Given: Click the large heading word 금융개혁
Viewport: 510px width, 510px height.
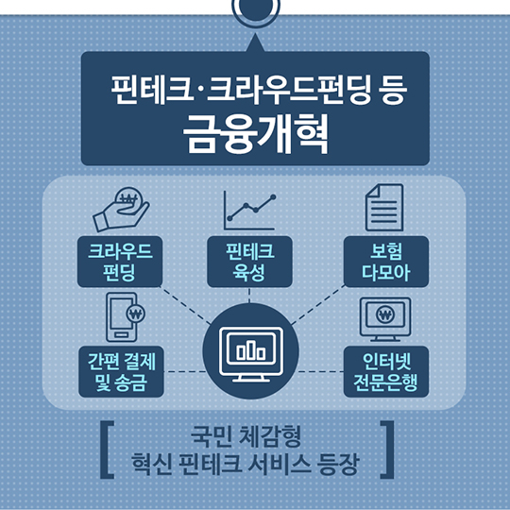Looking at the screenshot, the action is (x=256, y=134).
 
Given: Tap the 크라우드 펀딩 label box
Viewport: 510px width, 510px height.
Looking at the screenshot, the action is (x=120, y=262).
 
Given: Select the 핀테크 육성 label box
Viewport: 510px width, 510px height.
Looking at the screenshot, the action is (x=249, y=262).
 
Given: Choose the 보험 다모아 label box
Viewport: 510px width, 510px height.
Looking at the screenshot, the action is (x=386, y=262).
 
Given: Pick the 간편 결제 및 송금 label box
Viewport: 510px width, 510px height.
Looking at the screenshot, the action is (x=121, y=371).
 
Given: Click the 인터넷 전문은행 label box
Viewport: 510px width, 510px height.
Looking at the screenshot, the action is (x=386, y=371).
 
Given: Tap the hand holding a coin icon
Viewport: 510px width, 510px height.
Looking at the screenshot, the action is (x=121, y=210).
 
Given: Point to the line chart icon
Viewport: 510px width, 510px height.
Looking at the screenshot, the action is (x=249, y=211).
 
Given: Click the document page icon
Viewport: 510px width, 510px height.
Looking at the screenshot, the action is (x=384, y=208).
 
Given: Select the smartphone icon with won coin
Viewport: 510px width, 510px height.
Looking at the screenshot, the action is (x=126, y=317).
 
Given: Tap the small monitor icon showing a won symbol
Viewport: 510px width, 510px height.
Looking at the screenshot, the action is (x=385, y=319).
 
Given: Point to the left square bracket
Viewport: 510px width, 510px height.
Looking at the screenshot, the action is (x=107, y=450).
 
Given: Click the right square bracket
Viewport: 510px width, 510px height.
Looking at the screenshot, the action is (x=387, y=450).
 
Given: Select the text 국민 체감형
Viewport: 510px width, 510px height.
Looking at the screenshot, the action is (x=246, y=435).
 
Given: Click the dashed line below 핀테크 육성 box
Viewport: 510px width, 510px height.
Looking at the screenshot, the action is (x=249, y=296).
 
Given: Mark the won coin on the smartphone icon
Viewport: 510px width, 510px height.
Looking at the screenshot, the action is (x=136, y=314).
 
